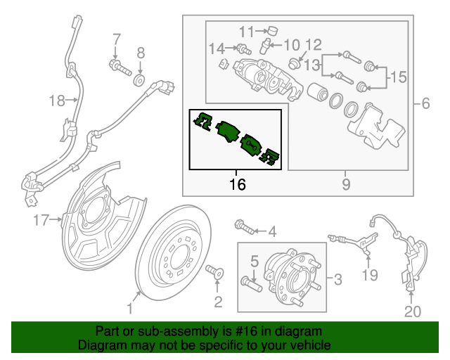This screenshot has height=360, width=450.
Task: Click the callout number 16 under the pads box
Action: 237,185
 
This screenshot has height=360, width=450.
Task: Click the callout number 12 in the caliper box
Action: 313,45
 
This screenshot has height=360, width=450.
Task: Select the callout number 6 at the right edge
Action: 425,104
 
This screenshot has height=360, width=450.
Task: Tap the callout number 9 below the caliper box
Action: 346,185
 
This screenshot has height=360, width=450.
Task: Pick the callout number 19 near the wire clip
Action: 370,274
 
